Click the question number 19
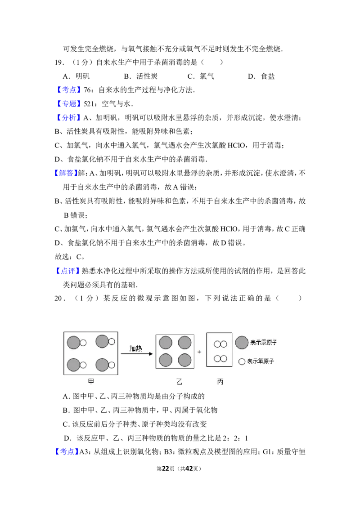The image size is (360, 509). coord(59,63)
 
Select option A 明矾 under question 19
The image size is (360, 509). coord(76,76)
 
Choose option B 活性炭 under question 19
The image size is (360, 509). coord(141,76)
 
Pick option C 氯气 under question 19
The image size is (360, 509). coord(201,76)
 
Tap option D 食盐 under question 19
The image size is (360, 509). coord(261,76)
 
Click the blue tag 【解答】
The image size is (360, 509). coord(66,173)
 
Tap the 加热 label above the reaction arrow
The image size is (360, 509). coord(136,348)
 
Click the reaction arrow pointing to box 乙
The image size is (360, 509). coord(136,354)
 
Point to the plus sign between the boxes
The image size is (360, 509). coord(199,352)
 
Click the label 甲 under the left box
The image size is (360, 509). coord(91,381)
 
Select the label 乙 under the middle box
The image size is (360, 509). coord(180,382)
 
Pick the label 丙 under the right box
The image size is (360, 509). coord(220,382)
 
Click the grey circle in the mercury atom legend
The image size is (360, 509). coord(242,343)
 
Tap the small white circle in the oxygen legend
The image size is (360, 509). coord(241,362)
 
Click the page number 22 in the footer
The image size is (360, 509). coord(166,469)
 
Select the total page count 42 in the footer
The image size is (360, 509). coord(189,469)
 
